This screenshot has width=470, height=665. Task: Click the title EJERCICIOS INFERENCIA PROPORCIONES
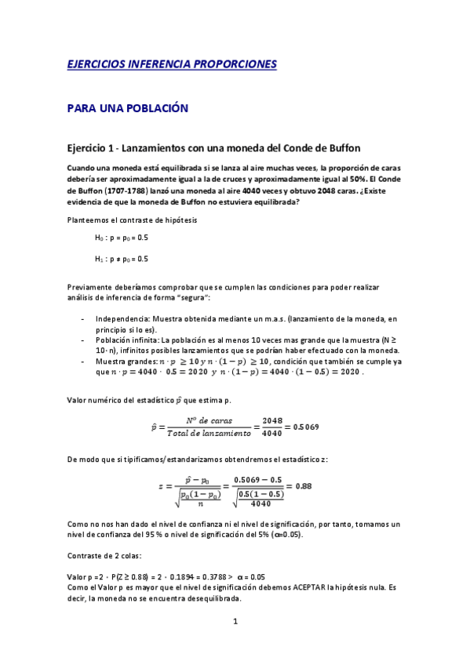click(x=172, y=64)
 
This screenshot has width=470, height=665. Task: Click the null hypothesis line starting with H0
click(x=122, y=238)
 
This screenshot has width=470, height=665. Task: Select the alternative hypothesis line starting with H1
click(x=122, y=258)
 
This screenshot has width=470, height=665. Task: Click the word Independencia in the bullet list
click(x=124, y=319)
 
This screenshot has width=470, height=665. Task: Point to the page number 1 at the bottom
click(x=235, y=623)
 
